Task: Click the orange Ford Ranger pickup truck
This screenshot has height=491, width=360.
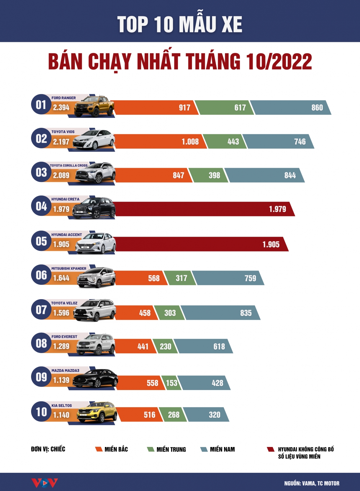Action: tap(94, 106)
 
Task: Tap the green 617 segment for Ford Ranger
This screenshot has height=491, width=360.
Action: tap(224, 108)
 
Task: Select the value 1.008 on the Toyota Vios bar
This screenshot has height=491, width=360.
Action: tap(190, 142)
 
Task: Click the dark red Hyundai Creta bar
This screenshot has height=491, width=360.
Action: tap(205, 209)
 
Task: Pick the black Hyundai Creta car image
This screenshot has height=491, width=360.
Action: tap(94, 208)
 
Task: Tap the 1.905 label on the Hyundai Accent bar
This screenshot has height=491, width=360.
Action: tap(271, 244)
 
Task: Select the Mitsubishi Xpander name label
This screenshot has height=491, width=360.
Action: tap(69, 268)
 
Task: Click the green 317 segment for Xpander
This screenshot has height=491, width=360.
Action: tap(180, 278)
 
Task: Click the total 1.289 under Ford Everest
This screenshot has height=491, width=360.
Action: tap(61, 346)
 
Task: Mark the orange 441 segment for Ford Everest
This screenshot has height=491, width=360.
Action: tap(135, 346)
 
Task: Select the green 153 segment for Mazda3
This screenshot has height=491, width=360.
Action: tap(172, 383)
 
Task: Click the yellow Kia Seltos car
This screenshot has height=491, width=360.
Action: tap(97, 412)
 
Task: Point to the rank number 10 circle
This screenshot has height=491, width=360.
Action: tap(42, 412)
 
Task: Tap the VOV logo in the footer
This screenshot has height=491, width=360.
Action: tap(45, 483)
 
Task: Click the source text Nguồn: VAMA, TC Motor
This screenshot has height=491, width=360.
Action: tap(312, 483)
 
